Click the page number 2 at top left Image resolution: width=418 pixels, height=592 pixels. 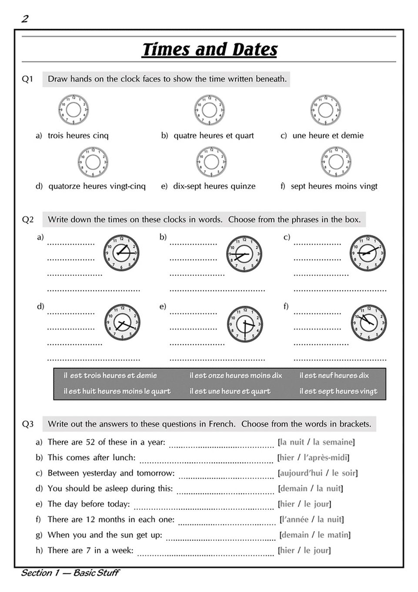25,19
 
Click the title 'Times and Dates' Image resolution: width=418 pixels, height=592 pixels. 209,50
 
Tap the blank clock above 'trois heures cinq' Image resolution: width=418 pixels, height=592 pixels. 74,109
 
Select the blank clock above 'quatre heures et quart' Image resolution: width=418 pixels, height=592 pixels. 209,109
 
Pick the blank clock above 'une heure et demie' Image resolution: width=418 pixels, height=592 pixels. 326,109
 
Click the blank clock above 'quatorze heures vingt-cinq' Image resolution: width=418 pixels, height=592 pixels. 93,162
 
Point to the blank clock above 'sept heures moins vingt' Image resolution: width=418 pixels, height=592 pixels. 336,162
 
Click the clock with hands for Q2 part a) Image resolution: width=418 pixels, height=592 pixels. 121,253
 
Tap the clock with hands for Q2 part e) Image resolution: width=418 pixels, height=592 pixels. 244,324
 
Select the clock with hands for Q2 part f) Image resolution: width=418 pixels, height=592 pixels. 369,323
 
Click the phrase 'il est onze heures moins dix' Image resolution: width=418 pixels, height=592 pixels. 236,375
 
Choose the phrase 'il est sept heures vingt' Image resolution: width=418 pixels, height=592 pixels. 338,391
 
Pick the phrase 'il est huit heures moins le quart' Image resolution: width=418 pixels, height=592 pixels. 117,391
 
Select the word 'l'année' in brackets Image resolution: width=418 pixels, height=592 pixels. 295,519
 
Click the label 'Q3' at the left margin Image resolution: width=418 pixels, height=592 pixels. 27,424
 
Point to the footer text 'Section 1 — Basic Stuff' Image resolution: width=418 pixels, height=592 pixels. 70,573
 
